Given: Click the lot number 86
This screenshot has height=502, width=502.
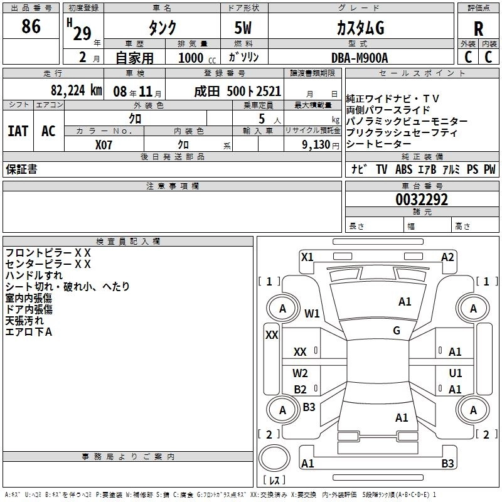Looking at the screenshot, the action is (31, 26).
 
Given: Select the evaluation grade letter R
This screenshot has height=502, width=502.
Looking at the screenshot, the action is (478, 28).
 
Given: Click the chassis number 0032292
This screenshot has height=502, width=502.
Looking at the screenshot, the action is (422, 200).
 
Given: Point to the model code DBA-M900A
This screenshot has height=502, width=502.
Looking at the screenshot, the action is (360, 57).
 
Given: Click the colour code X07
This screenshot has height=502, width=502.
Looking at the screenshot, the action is (104, 144).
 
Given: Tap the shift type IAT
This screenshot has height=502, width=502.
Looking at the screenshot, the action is (17, 131).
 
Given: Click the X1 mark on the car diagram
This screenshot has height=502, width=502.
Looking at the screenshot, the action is (307, 257).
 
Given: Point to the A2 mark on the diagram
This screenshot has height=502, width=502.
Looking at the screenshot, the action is (447, 257).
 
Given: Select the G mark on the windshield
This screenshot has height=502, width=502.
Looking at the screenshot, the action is (397, 331).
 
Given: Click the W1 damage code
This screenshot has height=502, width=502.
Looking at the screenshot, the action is (312, 313).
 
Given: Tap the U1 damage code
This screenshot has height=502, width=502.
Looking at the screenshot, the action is (455, 373).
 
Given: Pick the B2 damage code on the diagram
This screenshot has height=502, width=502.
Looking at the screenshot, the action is (301, 389).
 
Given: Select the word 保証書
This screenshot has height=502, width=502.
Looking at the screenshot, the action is (21, 169).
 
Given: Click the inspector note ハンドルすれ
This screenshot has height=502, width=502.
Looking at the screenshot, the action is (34, 275).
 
